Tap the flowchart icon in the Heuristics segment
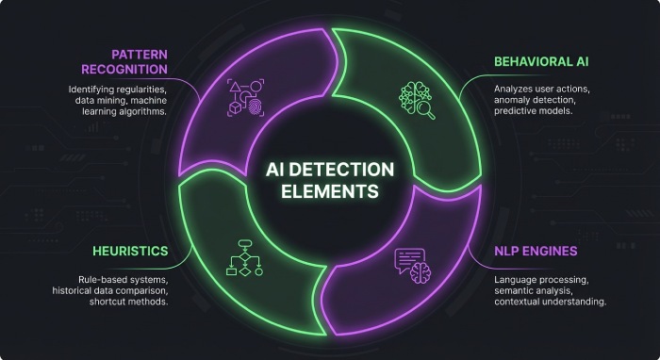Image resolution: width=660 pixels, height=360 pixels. [242, 257]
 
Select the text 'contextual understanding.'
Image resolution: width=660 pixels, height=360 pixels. [549, 303]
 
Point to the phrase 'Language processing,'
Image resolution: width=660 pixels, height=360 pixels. [539, 280]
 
